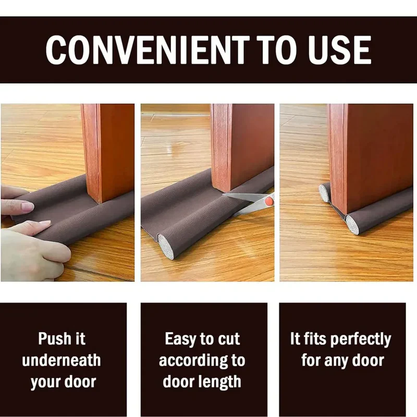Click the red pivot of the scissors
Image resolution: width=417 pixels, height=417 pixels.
pyautogui.click(x=268, y=200)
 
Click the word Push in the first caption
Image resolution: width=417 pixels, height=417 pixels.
pyautogui.click(x=53, y=339)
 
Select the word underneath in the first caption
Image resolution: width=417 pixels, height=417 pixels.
pyautogui.click(x=62, y=360)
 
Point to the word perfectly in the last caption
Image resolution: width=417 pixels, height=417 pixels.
pyautogui.click(x=360, y=339)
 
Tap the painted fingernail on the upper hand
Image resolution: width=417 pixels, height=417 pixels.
pyautogui.click(x=27, y=207)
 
